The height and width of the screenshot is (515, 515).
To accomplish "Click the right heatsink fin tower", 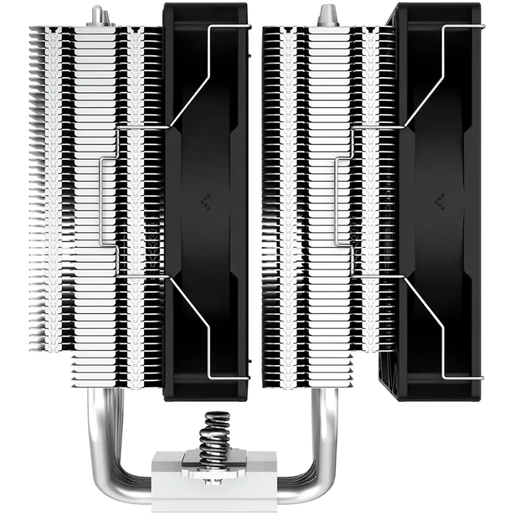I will pos(322,193).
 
